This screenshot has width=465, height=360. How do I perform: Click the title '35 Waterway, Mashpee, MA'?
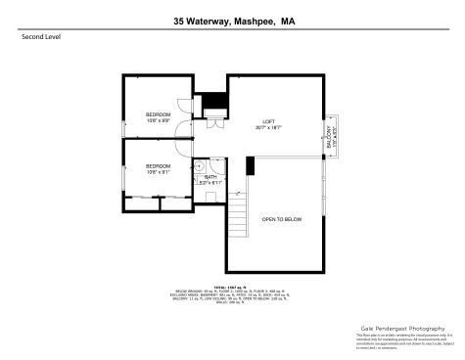(232, 20)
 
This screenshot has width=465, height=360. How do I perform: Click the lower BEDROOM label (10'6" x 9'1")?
(158, 167)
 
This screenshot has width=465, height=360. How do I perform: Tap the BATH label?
(210, 177)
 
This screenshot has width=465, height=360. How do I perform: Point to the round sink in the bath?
(198, 165)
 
